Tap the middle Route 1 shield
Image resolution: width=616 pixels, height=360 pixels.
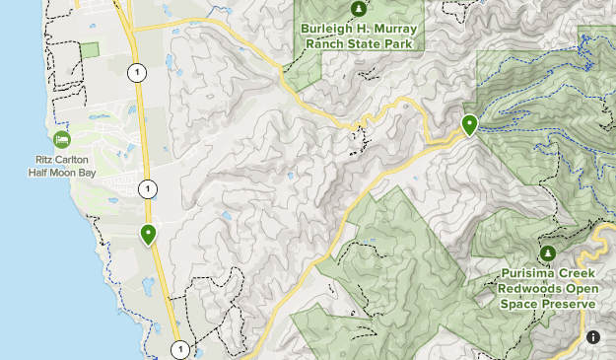tap(147, 188)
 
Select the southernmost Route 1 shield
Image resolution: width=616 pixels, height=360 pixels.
tap(179, 349)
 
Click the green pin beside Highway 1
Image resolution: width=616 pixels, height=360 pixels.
tap(148, 235)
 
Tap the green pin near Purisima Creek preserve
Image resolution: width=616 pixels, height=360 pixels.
tap(469, 125)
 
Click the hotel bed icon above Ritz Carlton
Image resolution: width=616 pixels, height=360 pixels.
tap(62, 139)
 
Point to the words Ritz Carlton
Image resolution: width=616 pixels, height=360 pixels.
tap(61, 159)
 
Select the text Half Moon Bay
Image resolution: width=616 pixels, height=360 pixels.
tap(61, 172)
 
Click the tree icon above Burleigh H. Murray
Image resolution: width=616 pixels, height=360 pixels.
tap(359, 9)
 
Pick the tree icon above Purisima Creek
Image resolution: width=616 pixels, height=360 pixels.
tap(548, 253)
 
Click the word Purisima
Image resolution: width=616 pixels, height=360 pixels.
tap(529, 276)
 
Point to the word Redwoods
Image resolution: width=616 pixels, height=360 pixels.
tap(524, 291)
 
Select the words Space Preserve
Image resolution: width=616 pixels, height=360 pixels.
tap(549, 305)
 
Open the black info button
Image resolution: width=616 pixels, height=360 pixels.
tap(593, 337)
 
